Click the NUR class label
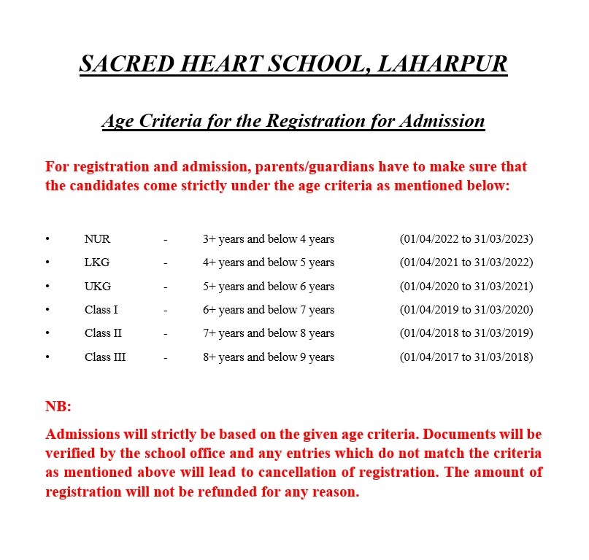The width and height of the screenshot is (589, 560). click(97, 238)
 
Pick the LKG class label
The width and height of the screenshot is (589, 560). click(97, 262)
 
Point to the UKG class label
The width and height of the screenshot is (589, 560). click(98, 286)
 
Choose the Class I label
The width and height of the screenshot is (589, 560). click(101, 310)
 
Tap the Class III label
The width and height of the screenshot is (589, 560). click(105, 357)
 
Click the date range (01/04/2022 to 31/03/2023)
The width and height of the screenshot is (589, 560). click(466, 238)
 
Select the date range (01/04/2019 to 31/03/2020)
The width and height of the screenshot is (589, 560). click(466, 310)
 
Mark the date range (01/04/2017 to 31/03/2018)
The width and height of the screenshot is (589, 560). click(466, 357)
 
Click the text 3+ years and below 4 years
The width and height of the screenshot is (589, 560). click(269, 238)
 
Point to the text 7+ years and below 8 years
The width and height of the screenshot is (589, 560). click(269, 333)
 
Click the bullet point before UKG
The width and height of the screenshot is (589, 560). click(47, 286)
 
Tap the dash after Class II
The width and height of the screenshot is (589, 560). click(166, 333)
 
